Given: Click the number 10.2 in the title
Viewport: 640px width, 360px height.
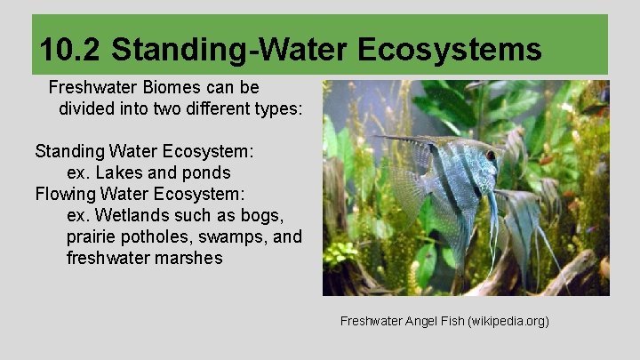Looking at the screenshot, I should pyautogui.click(x=71, y=49).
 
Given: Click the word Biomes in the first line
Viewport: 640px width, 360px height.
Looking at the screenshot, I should pyautogui.click(x=169, y=89).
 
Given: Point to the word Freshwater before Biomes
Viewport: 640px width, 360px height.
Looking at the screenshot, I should pyautogui.click(x=91, y=89).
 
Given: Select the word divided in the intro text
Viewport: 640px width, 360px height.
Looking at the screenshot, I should pyautogui.click(x=88, y=109).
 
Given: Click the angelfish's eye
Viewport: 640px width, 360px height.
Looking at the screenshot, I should pyautogui.click(x=491, y=156).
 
